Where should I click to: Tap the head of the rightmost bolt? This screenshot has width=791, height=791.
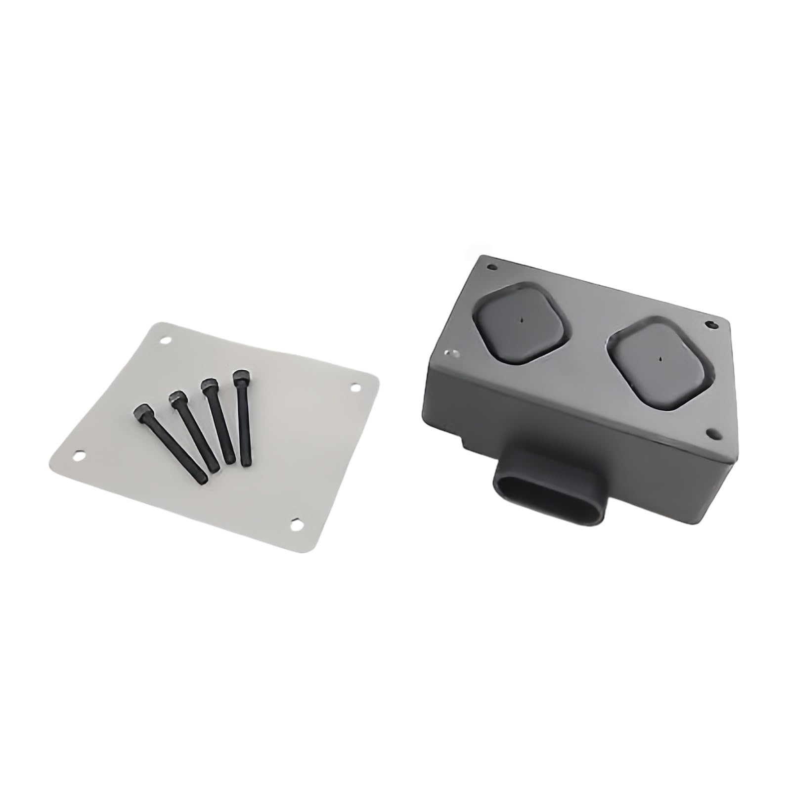(x=240, y=377)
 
